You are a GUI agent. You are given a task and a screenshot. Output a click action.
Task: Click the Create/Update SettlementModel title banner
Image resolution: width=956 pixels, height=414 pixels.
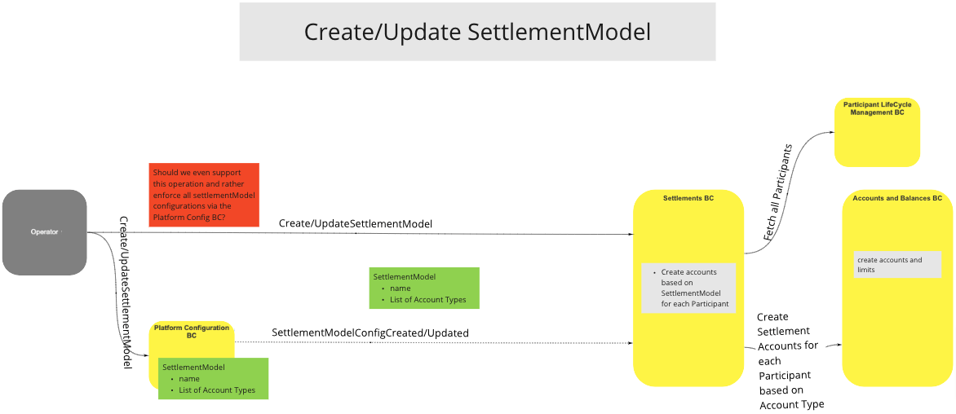click(x=477, y=32)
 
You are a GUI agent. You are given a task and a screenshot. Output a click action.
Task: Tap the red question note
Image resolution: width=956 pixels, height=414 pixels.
click(x=204, y=196)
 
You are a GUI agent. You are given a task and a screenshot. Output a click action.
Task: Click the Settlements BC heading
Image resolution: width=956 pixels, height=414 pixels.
click(x=688, y=198)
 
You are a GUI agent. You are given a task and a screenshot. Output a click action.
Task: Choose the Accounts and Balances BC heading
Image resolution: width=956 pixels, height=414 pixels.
click(x=896, y=198)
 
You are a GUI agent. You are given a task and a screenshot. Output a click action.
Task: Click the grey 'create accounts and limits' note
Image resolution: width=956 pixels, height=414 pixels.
click(x=897, y=265)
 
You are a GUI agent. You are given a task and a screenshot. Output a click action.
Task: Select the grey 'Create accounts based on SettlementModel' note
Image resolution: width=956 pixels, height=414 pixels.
click(x=688, y=288)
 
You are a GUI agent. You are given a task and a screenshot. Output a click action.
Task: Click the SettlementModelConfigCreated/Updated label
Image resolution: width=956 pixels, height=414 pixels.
click(x=370, y=333)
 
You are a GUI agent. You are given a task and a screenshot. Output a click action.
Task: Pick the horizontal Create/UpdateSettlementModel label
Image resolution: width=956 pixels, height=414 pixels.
click(x=355, y=223)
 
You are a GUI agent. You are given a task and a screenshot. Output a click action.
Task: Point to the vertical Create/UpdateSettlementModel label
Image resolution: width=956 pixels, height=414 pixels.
click(x=126, y=293)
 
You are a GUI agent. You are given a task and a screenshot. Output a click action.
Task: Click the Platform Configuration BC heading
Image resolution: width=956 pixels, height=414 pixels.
click(x=192, y=331)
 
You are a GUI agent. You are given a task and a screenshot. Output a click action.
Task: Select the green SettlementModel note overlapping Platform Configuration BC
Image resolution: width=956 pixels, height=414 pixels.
click(x=212, y=379)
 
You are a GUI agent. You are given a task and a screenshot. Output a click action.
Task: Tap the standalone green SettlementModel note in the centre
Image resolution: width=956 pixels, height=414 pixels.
click(x=423, y=288)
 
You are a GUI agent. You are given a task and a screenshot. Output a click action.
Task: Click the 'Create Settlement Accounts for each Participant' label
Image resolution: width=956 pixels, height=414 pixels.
click(x=790, y=360)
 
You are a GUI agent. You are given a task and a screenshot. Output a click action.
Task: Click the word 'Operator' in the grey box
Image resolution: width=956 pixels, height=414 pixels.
click(x=44, y=232)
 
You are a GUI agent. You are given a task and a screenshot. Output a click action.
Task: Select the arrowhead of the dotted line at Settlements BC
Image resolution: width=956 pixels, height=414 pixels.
click(x=630, y=343)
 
